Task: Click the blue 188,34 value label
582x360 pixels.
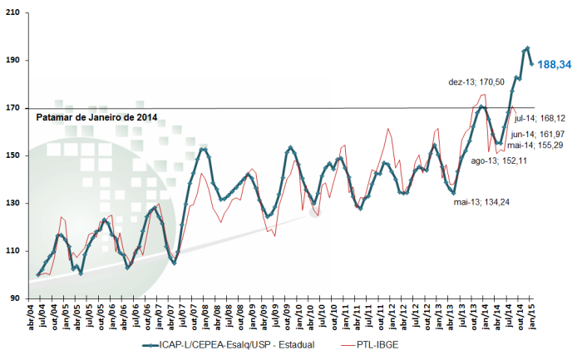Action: click(555, 65)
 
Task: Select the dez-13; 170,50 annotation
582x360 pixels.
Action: click(476, 82)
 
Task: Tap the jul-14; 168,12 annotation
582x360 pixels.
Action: click(540, 118)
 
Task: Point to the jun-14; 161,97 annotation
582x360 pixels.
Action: click(538, 134)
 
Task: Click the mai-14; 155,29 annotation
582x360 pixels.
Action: click(535, 145)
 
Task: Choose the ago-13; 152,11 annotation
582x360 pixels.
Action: click(499, 161)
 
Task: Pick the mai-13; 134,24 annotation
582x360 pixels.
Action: click(481, 202)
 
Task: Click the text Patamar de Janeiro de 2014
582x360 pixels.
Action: click(96, 118)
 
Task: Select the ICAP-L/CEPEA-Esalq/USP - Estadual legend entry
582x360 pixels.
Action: click(229, 345)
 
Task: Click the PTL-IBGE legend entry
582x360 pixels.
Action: click(370, 345)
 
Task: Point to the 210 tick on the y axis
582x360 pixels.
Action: click(12, 13)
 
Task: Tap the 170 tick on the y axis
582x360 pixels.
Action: click(12, 108)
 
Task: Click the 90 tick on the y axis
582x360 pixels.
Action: click(14, 298)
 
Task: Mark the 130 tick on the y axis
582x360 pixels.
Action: click(12, 204)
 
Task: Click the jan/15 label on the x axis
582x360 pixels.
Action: click(532, 315)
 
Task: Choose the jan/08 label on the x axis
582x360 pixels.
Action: click(205, 315)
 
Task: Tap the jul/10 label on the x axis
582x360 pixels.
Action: click(323, 315)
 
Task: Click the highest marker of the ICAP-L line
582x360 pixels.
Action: click(528, 48)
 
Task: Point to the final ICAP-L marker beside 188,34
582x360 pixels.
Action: click(531, 64)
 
